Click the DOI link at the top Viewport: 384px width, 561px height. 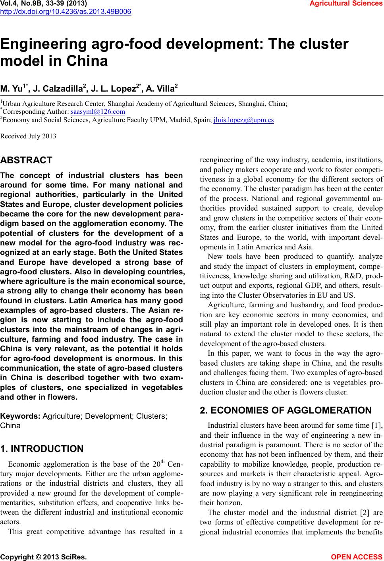[66, 11]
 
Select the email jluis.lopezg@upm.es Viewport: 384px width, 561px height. [243, 120]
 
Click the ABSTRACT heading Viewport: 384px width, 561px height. [26, 161]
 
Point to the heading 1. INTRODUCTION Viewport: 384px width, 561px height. [42, 449]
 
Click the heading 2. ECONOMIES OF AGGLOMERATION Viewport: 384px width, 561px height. [286, 410]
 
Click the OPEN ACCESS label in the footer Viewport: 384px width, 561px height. [357, 557]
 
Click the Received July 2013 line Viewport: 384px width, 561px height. [28, 136]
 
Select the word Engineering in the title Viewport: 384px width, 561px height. [45, 44]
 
